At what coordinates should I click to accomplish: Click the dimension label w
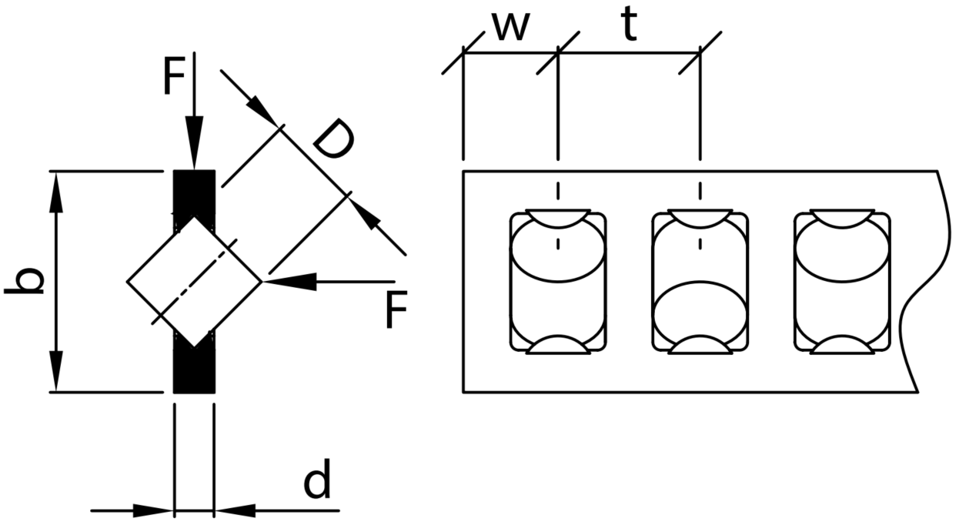coord(511,27)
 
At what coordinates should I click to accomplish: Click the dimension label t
coord(629,25)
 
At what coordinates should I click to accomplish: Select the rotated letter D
coord(333,139)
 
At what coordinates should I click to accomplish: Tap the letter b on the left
coord(25,281)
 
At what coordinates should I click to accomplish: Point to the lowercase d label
coord(317,479)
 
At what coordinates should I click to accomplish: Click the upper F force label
coord(174,77)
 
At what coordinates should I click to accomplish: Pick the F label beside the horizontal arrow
coord(396,309)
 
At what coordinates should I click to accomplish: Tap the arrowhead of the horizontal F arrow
coord(289,282)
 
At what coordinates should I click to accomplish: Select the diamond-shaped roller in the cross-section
coord(194,282)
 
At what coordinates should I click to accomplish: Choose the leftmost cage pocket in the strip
coord(558,282)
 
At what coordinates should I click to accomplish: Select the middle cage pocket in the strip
coord(700,282)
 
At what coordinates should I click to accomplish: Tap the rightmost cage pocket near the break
coord(842,282)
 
